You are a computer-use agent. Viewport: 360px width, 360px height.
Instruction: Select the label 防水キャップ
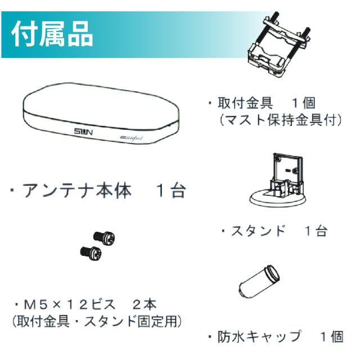260,336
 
